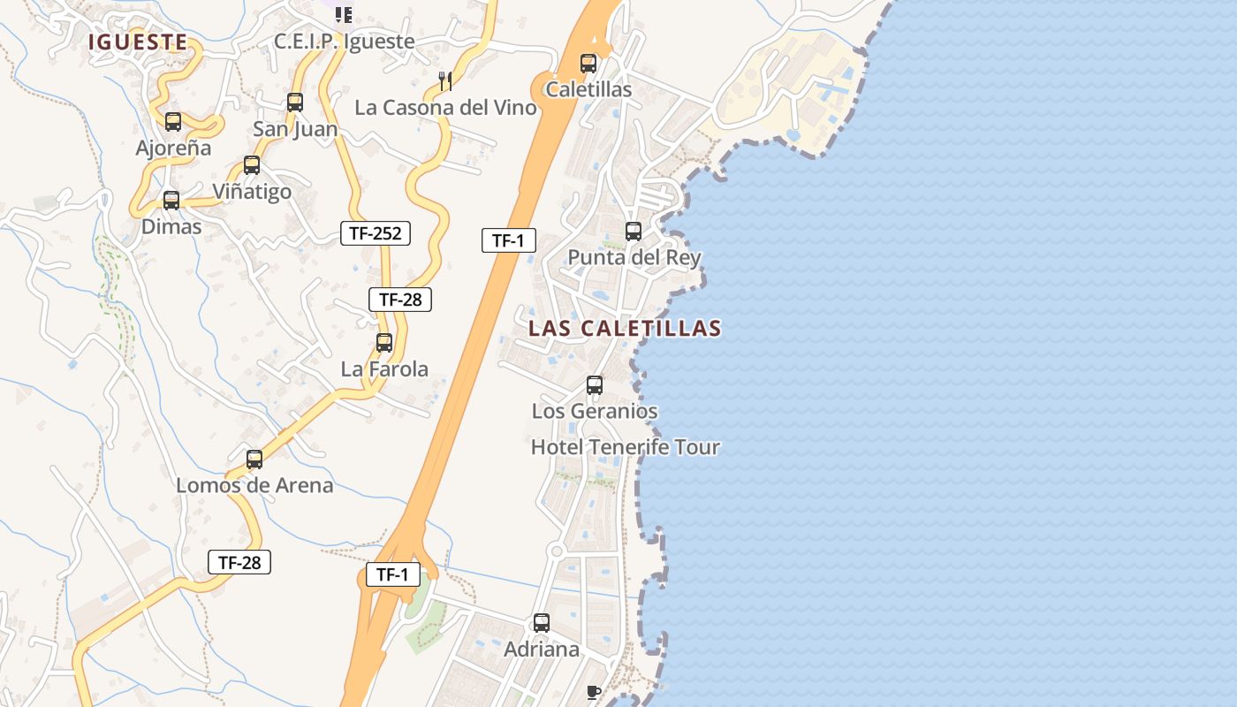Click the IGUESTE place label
pyautogui.click(x=137, y=42)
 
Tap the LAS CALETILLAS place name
pyautogui.click(x=625, y=328)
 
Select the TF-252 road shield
pyautogui.click(x=376, y=233)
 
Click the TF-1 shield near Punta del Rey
pyautogui.click(x=509, y=240)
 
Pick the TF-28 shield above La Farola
pyautogui.click(x=400, y=300)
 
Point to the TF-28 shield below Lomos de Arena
pyautogui.click(x=239, y=562)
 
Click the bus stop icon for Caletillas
pyautogui.click(x=588, y=64)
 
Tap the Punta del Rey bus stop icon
pyautogui.click(x=634, y=232)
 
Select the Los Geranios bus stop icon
pyautogui.click(x=595, y=385)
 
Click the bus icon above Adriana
pyautogui.click(x=542, y=623)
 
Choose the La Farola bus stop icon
pyautogui.click(x=384, y=343)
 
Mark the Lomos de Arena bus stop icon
pyautogui.click(x=254, y=460)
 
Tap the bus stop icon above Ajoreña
pyautogui.click(x=173, y=122)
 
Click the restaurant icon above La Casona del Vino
pyautogui.click(x=445, y=81)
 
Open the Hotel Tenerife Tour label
pyautogui.click(x=625, y=447)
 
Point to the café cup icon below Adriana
pyautogui.click(x=594, y=691)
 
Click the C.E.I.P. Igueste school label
pyautogui.click(x=344, y=42)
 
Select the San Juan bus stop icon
pyautogui.click(x=295, y=103)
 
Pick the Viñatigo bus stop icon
pyautogui.click(x=252, y=165)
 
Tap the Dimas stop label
pyautogui.click(x=171, y=226)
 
